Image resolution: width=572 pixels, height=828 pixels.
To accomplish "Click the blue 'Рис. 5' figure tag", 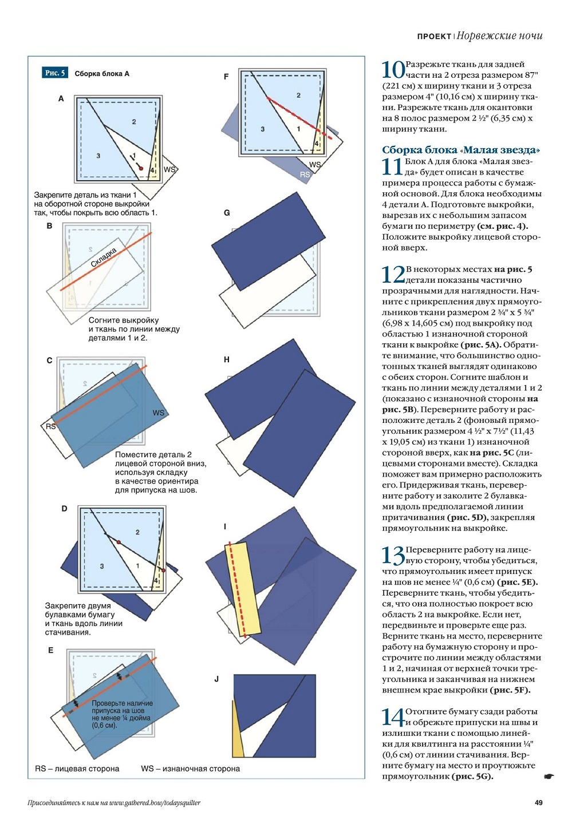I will pyautogui.click(x=55, y=73).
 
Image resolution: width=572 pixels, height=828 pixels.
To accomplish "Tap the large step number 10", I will pyautogui.click(x=393, y=70).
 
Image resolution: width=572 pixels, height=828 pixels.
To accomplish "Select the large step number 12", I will pyautogui.click(x=393, y=275).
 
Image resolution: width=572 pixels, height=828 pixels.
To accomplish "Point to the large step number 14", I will pyautogui.click(x=393, y=717).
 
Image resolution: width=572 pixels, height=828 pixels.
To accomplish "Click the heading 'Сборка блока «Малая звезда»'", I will pyautogui.click(x=461, y=150).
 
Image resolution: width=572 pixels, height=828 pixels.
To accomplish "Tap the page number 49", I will pyautogui.click(x=538, y=803).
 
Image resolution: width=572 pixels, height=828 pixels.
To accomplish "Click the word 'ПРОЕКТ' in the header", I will pyautogui.click(x=434, y=37).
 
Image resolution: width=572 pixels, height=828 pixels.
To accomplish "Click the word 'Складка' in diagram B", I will pyautogui.click(x=104, y=257).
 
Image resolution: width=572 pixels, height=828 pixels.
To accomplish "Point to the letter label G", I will pyautogui.click(x=227, y=213).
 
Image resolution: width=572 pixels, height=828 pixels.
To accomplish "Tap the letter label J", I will pyautogui.click(x=216, y=679).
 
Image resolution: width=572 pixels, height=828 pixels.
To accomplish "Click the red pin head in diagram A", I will pyautogui.click(x=141, y=168).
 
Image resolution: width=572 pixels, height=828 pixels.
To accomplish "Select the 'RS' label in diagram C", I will pyautogui.click(x=50, y=426).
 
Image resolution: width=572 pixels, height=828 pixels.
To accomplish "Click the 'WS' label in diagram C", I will pyautogui.click(x=158, y=413).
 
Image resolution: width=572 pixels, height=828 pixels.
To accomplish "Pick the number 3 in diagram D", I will pyautogui.click(x=102, y=566).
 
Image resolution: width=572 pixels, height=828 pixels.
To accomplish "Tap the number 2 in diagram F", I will pyautogui.click(x=298, y=96).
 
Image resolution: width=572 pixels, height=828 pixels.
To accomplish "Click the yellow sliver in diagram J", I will pyautogui.click(x=237, y=732).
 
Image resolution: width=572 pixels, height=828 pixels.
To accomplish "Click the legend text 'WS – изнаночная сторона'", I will pyautogui.click(x=190, y=768).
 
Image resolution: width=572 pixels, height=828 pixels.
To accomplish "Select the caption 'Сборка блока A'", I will pyautogui.click(x=102, y=73).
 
